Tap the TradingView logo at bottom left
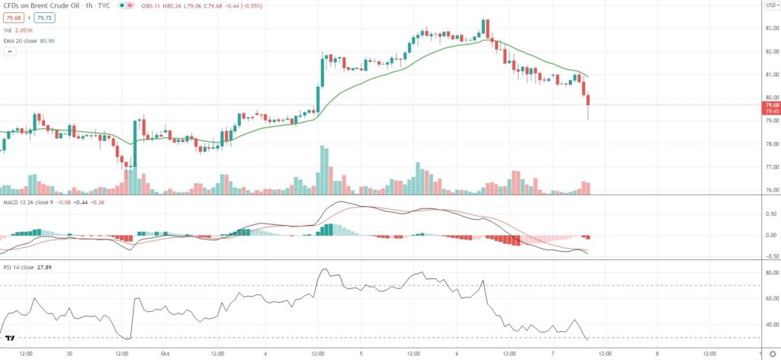pyautogui.click(x=11, y=337)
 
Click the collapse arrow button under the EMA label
pyautogui.click(x=11, y=51)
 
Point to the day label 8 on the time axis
pyautogui.click(x=657, y=354)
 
